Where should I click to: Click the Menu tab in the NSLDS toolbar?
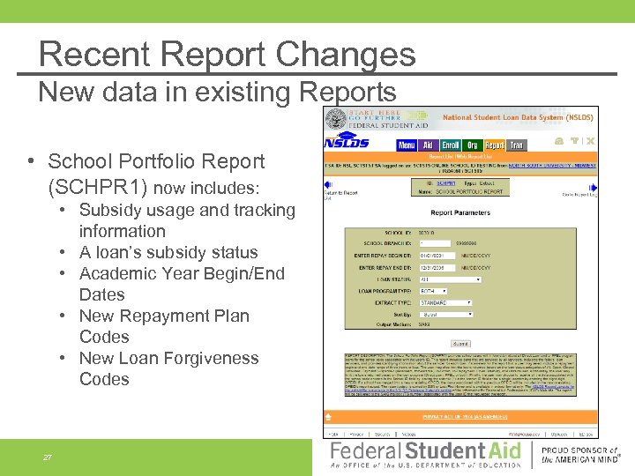407,145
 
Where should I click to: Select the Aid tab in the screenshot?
428,145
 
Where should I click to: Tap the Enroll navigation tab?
451,145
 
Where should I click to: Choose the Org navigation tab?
473,145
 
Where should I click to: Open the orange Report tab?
495,145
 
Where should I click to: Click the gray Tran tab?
517,145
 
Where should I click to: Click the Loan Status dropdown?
450,279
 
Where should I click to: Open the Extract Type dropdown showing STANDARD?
450,302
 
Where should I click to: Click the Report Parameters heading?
460,212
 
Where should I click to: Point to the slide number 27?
48,457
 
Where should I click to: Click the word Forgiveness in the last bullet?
210,358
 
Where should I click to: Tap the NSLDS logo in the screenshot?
347,143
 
